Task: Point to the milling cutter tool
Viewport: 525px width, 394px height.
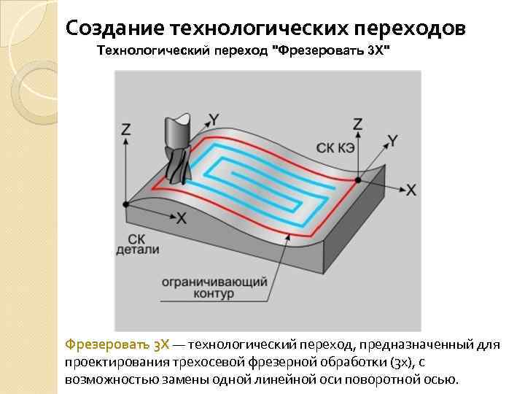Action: tap(177, 150)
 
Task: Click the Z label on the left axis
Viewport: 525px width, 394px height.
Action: tap(126, 129)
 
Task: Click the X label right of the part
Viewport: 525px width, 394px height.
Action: tap(411, 190)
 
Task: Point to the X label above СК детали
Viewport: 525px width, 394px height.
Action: tap(182, 217)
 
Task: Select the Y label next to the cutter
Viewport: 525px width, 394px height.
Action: tap(214, 118)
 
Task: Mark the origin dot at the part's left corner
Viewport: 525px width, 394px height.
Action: tap(126, 204)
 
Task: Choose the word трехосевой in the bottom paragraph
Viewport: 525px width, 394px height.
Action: tap(206, 362)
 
